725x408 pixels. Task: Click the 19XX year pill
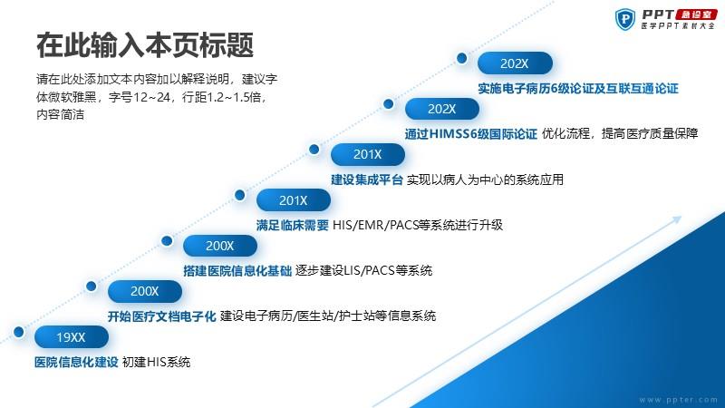pyautogui.click(x=72, y=336)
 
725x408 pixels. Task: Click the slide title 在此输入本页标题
pyautogui.click(x=145, y=45)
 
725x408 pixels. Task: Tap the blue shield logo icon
pyautogui.click(x=625, y=19)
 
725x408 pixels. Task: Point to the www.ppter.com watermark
pyautogui.click(x=678, y=399)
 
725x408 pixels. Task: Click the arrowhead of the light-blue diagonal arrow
pyautogui.click(x=676, y=219)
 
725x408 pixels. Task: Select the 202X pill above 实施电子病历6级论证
pyautogui.click(x=515, y=63)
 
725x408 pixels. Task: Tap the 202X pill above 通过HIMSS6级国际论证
pyautogui.click(x=442, y=109)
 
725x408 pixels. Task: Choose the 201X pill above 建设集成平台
pyautogui.click(x=368, y=154)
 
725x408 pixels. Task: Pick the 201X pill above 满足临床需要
pyautogui.click(x=293, y=199)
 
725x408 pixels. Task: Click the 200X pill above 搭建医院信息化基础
pyautogui.click(x=219, y=245)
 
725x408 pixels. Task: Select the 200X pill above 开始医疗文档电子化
pyautogui.click(x=145, y=291)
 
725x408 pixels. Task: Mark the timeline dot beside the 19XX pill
pyautogui.click(x=18, y=332)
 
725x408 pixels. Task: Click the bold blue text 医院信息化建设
pyautogui.click(x=76, y=362)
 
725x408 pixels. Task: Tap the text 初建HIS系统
pyautogui.click(x=156, y=362)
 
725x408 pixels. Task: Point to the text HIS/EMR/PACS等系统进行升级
pyautogui.click(x=418, y=225)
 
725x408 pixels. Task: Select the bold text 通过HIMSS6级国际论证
pyautogui.click(x=470, y=133)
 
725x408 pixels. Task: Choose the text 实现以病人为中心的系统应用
pyautogui.click(x=485, y=180)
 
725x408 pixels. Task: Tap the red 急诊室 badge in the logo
pyautogui.click(x=696, y=15)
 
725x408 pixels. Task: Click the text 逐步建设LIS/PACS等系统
pyautogui.click(x=364, y=270)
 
